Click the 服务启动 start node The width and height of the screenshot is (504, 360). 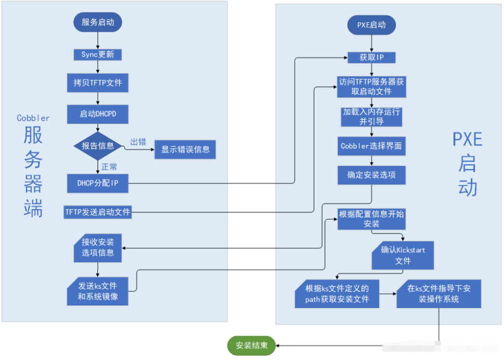coord(98,22)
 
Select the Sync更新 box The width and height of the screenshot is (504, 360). coord(98,55)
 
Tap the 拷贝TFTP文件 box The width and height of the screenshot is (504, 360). coord(98,83)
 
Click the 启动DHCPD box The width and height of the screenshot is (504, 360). coord(98,114)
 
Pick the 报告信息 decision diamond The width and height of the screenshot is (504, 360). coord(98,146)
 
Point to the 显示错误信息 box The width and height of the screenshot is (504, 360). coord(185,150)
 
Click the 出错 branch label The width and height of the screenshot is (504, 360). coord(138,142)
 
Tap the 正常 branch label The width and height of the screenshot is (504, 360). coord(109,167)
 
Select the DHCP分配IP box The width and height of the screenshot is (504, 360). coord(98,183)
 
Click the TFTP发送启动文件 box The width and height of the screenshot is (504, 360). coord(98,212)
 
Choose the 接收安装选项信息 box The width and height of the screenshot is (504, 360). coord(98,248)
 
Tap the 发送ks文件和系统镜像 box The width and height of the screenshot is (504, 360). coord(98,291)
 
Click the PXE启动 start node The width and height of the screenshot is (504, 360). coord(372,25)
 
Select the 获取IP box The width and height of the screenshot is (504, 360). coord(372,57)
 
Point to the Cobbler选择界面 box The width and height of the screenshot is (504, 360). coord(372,146)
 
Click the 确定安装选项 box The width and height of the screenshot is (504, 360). coord(372,175)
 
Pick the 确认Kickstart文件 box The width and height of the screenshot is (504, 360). coord(403,255)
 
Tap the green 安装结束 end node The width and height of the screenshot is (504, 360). coord(251,345)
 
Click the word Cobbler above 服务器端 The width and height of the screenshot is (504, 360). coord(33,118)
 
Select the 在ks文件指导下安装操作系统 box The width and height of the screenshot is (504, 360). coord(439,294)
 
